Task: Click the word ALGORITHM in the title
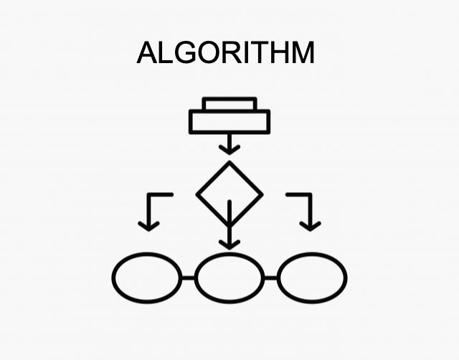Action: coord(225,53)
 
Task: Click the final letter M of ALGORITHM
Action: coord(303,53)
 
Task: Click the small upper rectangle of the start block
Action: coord(229,105)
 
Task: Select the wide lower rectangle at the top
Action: coord(229,123)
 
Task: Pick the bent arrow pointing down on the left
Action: coord(149,212)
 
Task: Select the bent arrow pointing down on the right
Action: coord(309,212)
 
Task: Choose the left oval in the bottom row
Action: coord(147,278)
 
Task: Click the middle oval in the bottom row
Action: coord(229,278)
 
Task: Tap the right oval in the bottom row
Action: coord(312,278)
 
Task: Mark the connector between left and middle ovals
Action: coord(188,278)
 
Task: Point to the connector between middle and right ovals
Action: coord(271,278)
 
